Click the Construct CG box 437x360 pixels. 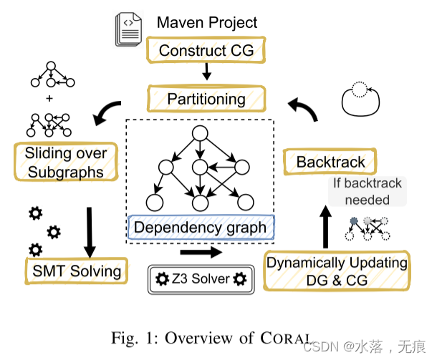[x=206, y=50]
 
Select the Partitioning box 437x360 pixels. [x=206, y=99]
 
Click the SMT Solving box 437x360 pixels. [x=76, y=271]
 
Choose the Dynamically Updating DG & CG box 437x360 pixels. [x=337, y=271]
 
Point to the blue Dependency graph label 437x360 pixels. [x=201, y=228]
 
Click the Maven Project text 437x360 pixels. [x=207, y=22]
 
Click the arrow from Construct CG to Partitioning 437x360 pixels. [x=206, y=72]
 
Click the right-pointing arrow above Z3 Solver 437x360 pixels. [x=201, y=252]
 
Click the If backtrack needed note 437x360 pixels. [x=368, y=191]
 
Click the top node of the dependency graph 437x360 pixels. [x=200, y=135]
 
